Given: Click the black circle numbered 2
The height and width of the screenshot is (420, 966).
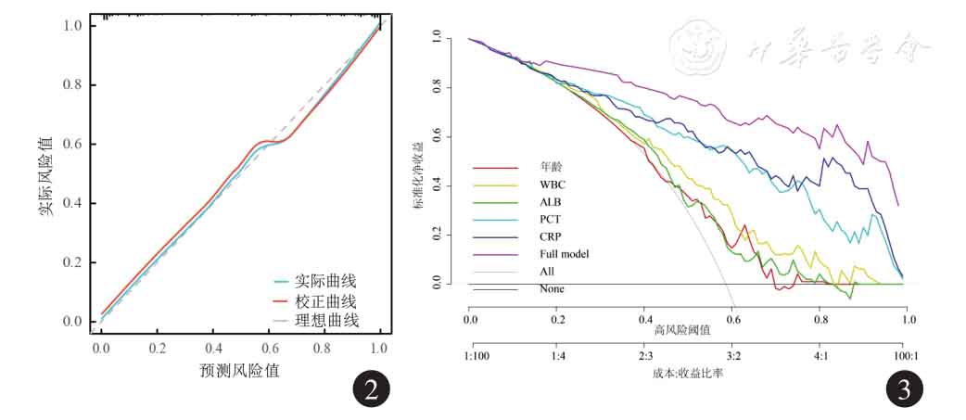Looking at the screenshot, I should (x=371, y=391).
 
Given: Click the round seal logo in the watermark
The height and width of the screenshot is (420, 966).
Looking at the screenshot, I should (x=696, y=45).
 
